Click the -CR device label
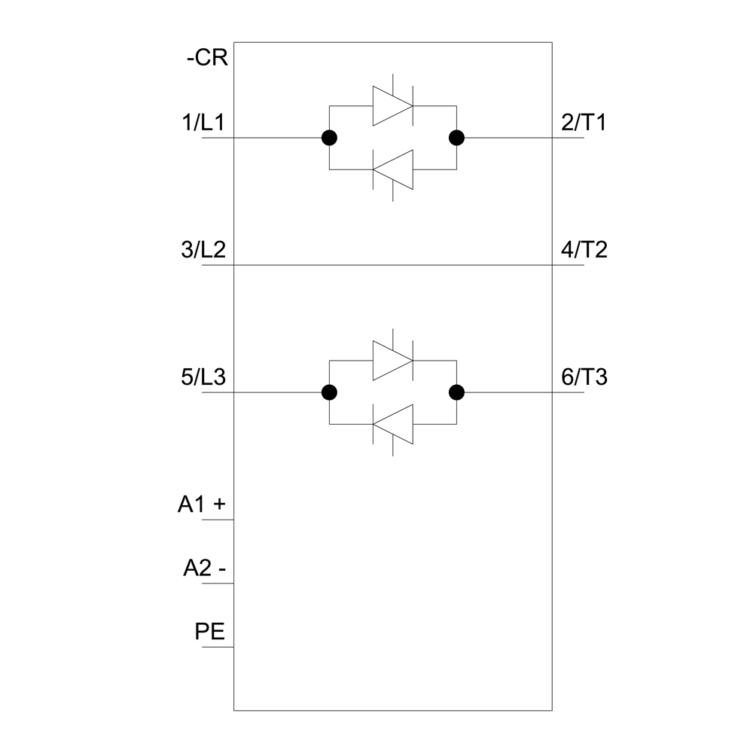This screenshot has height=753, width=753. [x=208, y=58]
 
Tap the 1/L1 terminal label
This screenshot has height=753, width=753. [x=203, y=123]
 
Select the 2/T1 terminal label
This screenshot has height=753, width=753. [x=584, y=123]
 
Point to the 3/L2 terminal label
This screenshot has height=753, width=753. [x=203, y=250]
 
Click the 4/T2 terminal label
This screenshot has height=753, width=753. [x=584, y=250]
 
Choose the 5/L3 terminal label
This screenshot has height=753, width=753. [x=203, y=377]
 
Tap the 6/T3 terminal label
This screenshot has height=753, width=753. [x=584, y=377]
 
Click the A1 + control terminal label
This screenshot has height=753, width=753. [x=202, y=505]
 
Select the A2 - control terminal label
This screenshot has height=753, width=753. [x=205, y=568]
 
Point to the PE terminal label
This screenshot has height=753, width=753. [x=210, y=632]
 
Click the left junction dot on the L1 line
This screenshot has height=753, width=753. [x=329, y=138]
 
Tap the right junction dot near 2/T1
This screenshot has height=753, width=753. [x=457, y=138]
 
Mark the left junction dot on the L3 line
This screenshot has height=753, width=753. [x=329, y=392]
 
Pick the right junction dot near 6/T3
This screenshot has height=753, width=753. [x=457, y=392]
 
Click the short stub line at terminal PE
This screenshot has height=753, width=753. [x=218, y=647]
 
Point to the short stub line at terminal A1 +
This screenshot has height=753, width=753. [x=218, y=520]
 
